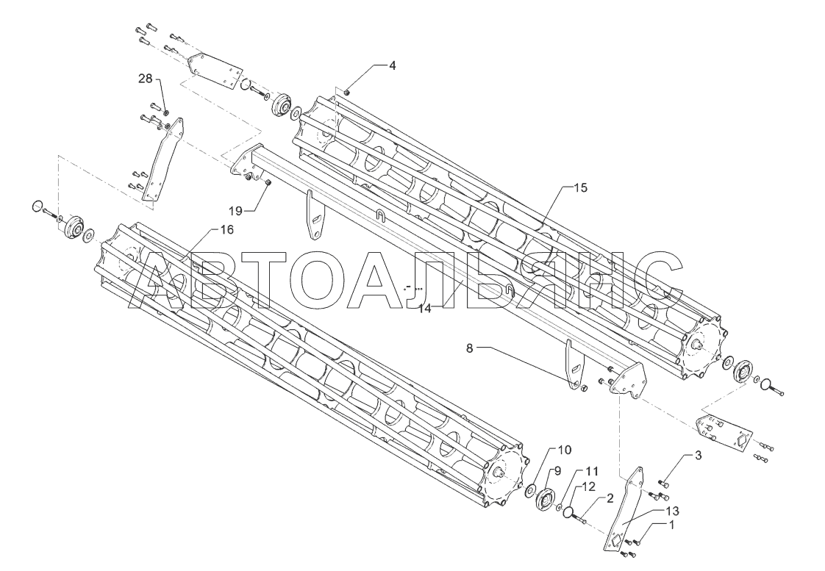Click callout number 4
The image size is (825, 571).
(392, 65)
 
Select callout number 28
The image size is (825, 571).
(146, 78)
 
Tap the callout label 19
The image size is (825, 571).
(235, 210)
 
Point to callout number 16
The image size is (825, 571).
(226, 230)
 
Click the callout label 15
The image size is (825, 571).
(580, 188)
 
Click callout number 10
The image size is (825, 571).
(562, 450)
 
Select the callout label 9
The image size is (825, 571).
(557, 471)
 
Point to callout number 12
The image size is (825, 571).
(590, 486)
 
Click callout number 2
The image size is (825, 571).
(610, 498)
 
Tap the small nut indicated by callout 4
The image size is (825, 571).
(347, 92)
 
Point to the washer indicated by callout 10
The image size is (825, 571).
(530, 490)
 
